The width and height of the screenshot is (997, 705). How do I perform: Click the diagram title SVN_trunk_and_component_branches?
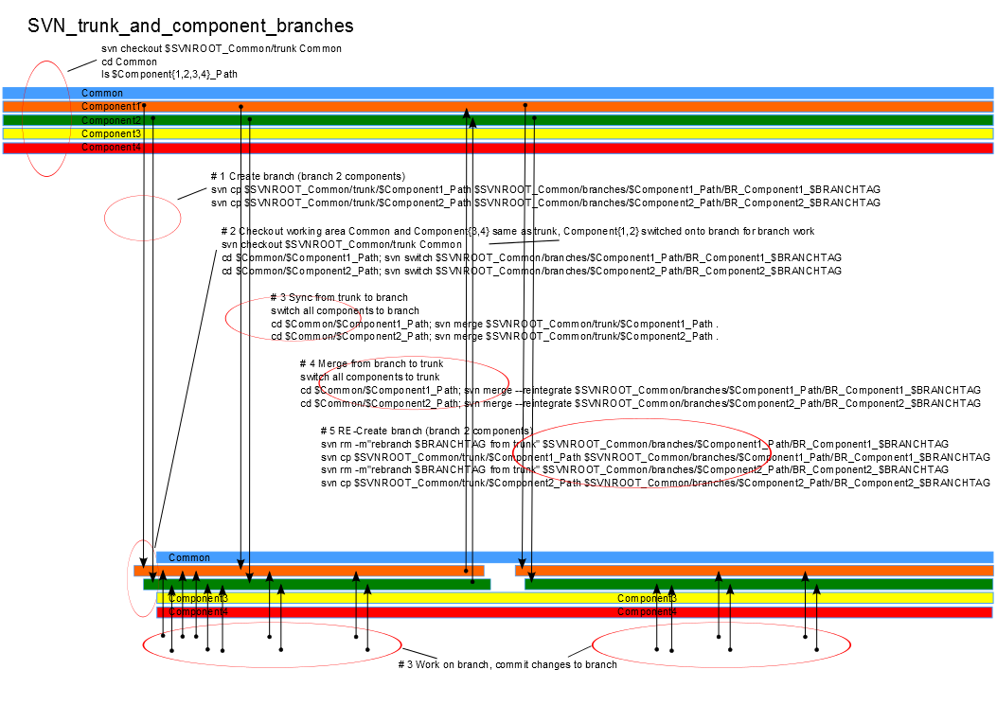click(x=190, y=26)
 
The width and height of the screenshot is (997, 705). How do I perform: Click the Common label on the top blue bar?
click(x=102, y=93)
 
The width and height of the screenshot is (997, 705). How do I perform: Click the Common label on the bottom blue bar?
click(x=189, y=557)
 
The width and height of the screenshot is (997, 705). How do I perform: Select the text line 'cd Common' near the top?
click(x=129, y=62)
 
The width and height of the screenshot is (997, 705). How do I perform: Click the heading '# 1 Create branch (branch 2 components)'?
click(x=308, y=176)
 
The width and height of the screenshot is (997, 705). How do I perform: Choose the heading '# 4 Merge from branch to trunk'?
click(x=371, y=363)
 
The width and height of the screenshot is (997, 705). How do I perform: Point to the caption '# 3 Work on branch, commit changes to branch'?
click(x=507, y=664)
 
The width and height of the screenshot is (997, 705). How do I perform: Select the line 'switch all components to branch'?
click(x=345, y=310)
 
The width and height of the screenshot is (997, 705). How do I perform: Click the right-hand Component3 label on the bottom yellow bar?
click(x=647, y=598)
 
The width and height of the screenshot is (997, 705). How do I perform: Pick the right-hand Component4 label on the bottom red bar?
click(x=647, y=612)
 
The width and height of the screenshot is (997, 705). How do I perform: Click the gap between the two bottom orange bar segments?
click(x=500, y=571)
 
